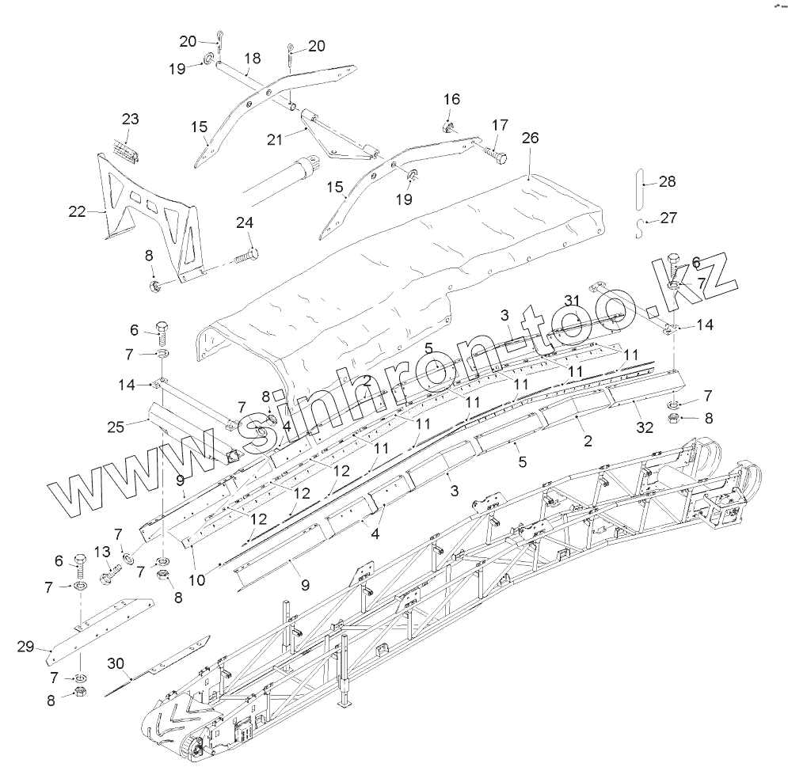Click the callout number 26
pyautogui.click(x=530, y=138)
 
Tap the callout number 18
pyautogui.click(x=252, y=59)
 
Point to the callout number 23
pyautogui.click(x=130, y=120)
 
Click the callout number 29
pyautogui.click(x=26, y=647)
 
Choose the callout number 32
pyautogui.click(x=645, y=428)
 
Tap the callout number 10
pyautogui.click(x=196, y=579)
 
